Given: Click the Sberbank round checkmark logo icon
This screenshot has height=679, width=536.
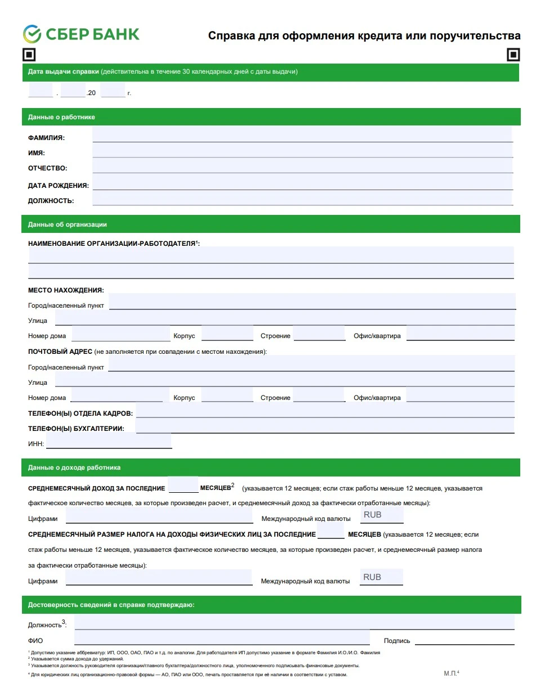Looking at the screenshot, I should (32, 34).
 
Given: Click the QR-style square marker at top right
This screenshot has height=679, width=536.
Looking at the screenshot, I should (513, 55).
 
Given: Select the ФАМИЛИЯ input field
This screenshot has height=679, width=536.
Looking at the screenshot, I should (302, 134).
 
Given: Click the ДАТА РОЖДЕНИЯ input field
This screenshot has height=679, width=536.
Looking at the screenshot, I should (302, 182).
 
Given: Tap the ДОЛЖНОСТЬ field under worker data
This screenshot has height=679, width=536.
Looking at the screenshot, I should (302, 197).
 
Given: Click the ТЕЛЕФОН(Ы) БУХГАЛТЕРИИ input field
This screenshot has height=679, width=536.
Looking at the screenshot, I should (325, 426).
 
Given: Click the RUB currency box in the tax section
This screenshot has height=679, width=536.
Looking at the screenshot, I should (382, 577).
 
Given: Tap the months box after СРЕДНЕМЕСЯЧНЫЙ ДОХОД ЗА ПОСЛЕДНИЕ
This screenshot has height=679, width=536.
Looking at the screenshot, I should (183, 485).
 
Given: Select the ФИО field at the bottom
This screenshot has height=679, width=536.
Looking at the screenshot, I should (222, 638).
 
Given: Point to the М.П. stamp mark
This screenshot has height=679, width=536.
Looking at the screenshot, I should (451, 673).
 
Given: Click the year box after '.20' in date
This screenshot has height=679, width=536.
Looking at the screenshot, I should (113, 91).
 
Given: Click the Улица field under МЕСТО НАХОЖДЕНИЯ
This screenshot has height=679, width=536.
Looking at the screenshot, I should (284, 318).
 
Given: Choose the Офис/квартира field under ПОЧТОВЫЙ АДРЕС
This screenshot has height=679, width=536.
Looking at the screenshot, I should (460, 395).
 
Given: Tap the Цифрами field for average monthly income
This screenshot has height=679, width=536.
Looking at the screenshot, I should (159, 516).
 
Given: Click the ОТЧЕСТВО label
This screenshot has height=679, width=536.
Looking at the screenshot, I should (47, 168).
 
